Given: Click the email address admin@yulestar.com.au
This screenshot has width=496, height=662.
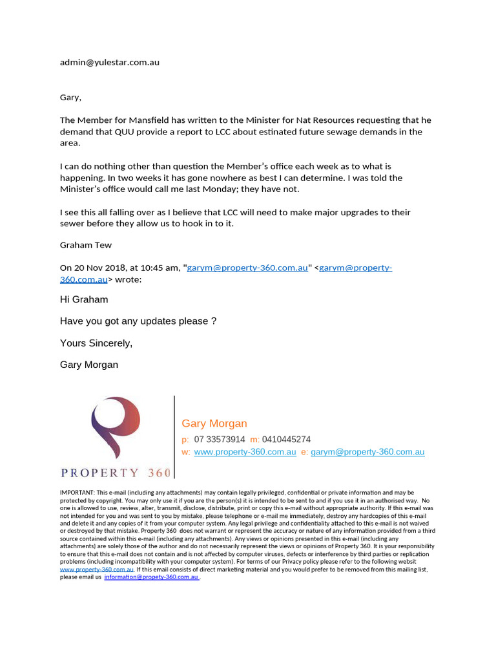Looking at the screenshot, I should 109,63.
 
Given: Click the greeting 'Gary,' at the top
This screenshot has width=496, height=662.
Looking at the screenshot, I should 70,97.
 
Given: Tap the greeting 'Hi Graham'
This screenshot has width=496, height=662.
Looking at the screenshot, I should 84,300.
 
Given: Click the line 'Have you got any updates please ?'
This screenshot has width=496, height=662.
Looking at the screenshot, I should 138,321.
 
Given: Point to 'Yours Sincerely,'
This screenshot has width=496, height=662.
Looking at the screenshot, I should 96,343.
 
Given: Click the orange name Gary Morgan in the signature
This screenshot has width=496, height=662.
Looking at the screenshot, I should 214,423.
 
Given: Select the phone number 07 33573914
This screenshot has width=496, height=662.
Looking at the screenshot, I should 220,440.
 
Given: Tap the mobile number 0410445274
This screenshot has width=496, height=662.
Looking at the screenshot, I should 286,440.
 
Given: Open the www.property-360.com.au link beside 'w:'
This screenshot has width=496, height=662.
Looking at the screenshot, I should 245,452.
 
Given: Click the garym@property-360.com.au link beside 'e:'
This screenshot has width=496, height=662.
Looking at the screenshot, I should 367,452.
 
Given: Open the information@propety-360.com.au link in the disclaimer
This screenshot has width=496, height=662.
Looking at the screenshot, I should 151,577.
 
